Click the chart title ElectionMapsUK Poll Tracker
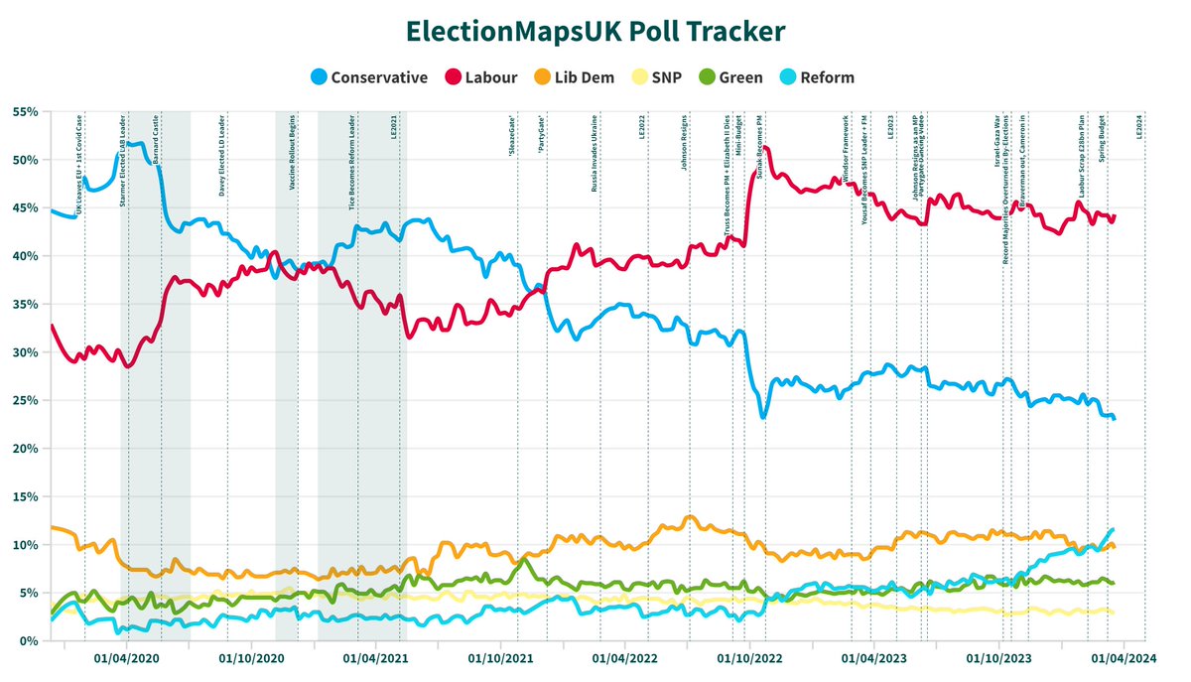tap(595, 31)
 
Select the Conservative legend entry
tap(369, 77)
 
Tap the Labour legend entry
tap(482, 77)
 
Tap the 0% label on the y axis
tap(26, 641)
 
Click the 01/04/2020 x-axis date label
tap(125, 657)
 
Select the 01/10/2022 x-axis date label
tap(749, 657)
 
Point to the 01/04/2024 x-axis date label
tap(1124, 657)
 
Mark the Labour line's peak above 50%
tap(765, 148)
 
